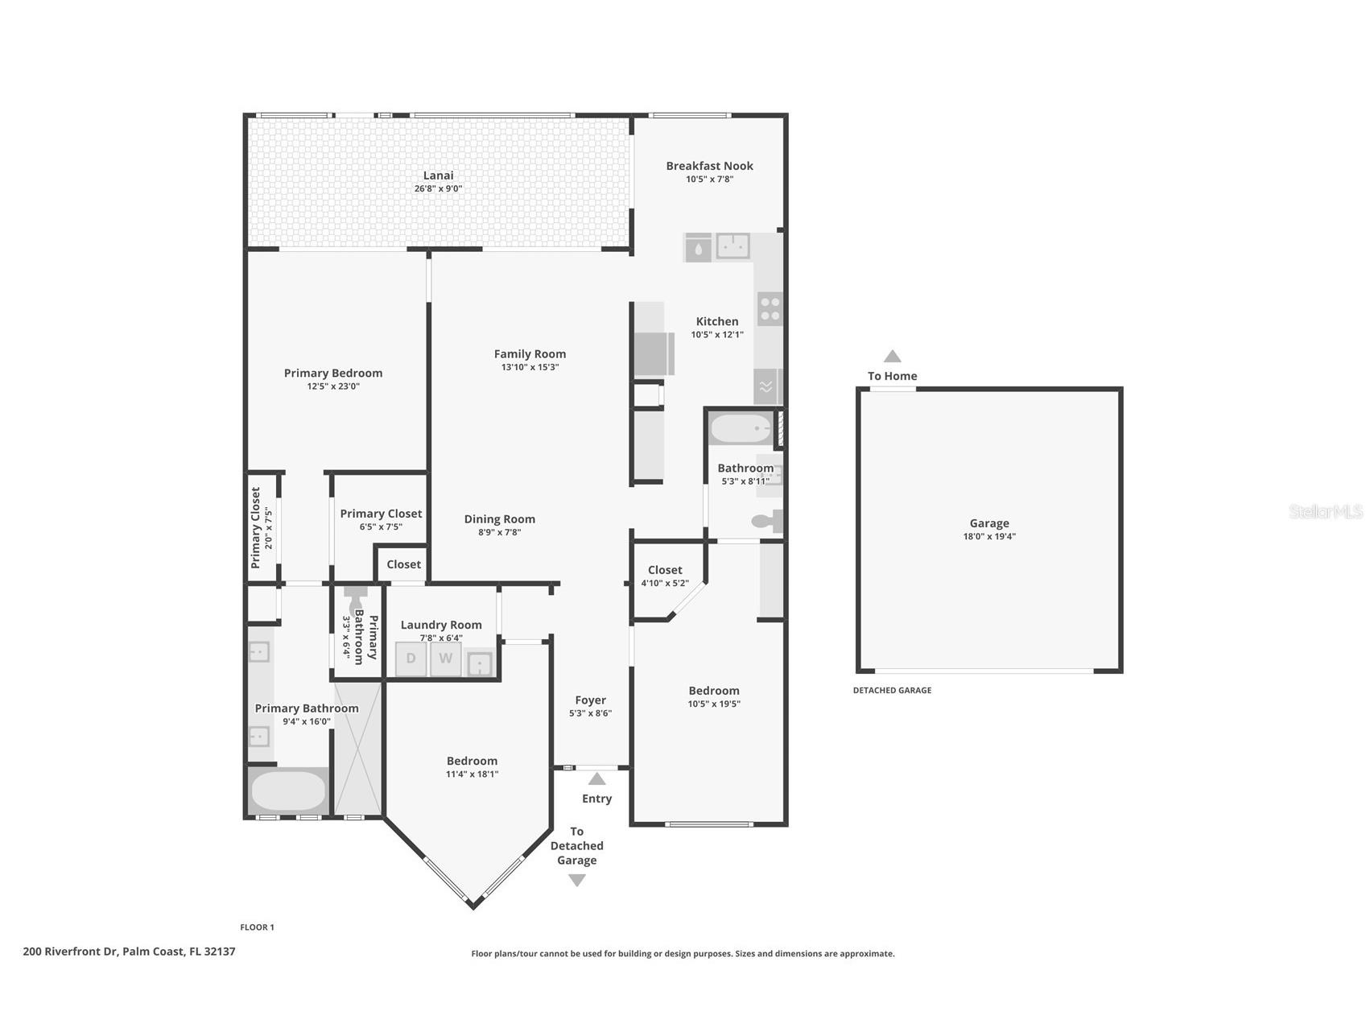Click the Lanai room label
pos(438,175)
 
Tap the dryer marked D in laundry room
pos(411,659)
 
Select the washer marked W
pos(445,659)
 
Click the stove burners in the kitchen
pos(770,308)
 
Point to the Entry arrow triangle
pos(596,778)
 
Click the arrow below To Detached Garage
pos(577,881)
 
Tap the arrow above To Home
pos(892,357)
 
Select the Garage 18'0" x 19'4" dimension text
pos(989,536)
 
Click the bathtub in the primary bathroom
pos(287,791)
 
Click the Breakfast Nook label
pos(709,166)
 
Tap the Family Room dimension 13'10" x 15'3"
pos(530,367)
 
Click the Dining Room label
pos(499,519)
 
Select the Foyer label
pos(590,700)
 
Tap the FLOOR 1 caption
pos(257,927)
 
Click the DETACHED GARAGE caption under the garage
pos(892,690)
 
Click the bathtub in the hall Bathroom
pos(741,429)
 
